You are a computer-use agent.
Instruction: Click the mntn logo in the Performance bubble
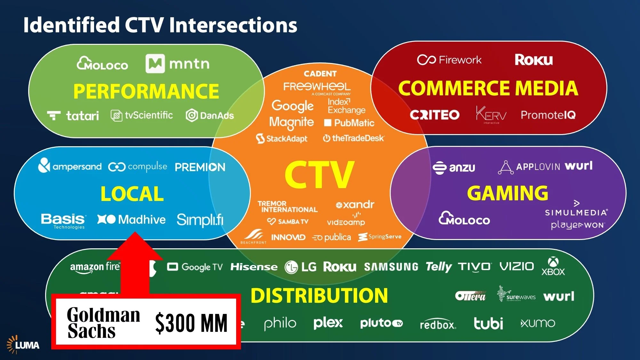(x=178, y=64)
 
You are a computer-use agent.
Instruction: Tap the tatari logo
(x=73, y=116)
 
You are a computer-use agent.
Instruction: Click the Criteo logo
(x=435, y=115)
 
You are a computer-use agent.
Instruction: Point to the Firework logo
(x=449, y=60)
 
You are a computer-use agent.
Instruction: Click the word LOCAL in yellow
(x=132, y=194)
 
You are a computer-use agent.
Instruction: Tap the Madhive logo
(x=132, y=220)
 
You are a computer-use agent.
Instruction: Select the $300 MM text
(x=191, y=323)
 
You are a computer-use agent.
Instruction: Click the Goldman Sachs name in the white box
(x=103, y=323)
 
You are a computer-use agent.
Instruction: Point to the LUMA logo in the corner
(x=23, y=345)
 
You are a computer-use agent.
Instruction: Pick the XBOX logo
(x=553, y=267)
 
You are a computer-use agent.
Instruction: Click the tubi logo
(x=488, y=324)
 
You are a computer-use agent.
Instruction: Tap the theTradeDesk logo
(x=354, y=138)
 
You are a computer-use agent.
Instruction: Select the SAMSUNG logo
(x=391, y=267)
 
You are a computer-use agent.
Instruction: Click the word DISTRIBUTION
(x=319, y=295)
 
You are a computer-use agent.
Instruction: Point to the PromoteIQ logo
(x=548, y=115)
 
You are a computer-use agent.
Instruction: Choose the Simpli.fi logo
(x=200, y=220)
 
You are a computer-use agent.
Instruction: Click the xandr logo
(x=355, y=204)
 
